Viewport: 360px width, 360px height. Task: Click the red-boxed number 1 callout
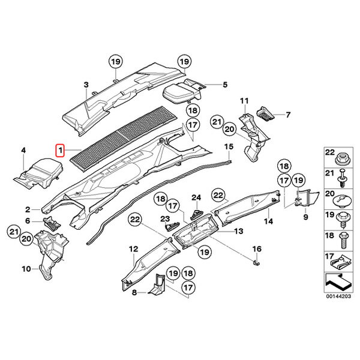60,151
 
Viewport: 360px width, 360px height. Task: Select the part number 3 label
86,85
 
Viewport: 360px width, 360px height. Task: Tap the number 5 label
225,85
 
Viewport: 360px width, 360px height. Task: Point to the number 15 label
229,146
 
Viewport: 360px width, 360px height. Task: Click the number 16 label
257,248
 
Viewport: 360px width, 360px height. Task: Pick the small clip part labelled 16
256,263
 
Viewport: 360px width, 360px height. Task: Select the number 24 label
196,197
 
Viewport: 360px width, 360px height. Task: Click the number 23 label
165,219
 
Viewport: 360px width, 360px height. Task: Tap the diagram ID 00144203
338,296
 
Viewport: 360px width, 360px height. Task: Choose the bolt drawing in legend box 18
344,240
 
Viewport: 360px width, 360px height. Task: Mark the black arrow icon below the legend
338,282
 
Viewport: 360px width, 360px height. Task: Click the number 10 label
26,269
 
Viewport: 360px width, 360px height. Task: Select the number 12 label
134,249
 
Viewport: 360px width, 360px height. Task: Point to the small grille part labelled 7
265,113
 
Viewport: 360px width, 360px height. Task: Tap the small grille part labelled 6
52,223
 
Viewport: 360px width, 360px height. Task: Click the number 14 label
268,221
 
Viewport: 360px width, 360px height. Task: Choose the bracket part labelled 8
158,284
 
